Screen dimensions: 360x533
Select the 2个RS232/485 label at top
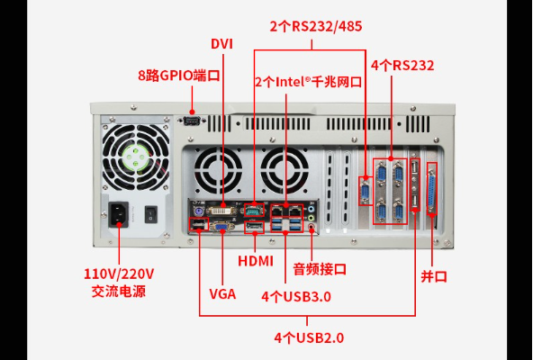[316, 26]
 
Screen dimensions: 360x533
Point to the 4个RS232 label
[402, 66]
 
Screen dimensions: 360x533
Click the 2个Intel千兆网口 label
[308, 81]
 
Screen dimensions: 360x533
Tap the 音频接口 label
[319, 268]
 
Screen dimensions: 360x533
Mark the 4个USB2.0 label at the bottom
[309, 337]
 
